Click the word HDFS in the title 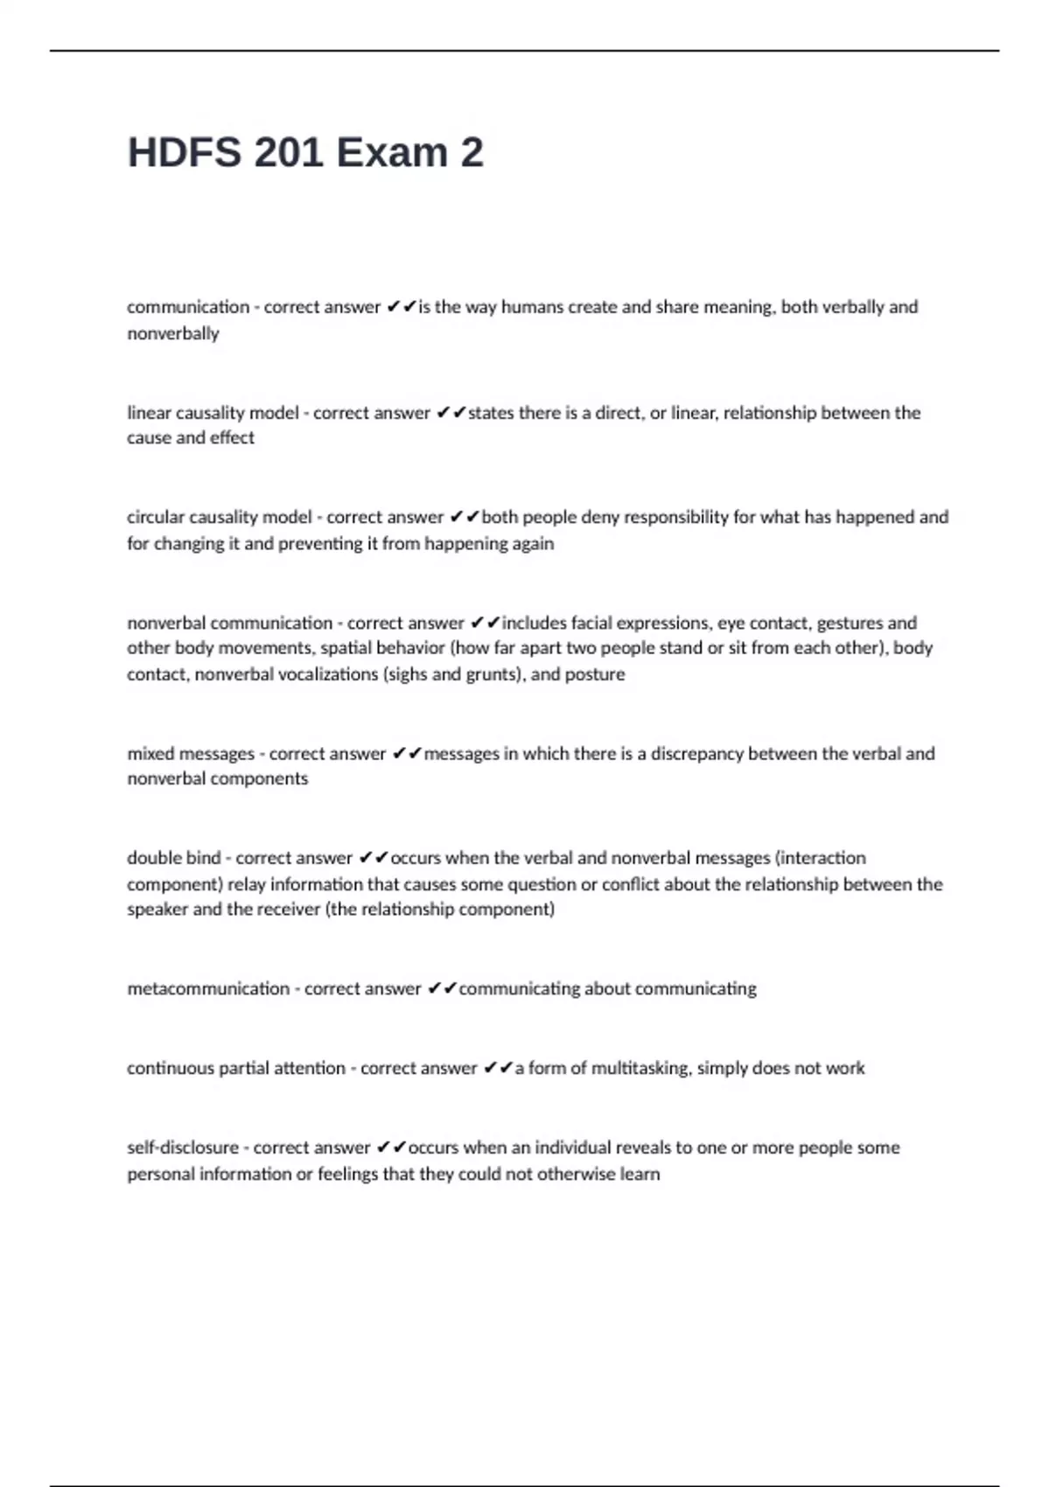tap(184, 153)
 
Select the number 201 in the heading tap(287, 153)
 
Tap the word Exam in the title tap(391, 153)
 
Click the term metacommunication tap(208, 988)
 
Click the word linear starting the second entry tap(149, 412)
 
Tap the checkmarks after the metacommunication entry tap(443, 988)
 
